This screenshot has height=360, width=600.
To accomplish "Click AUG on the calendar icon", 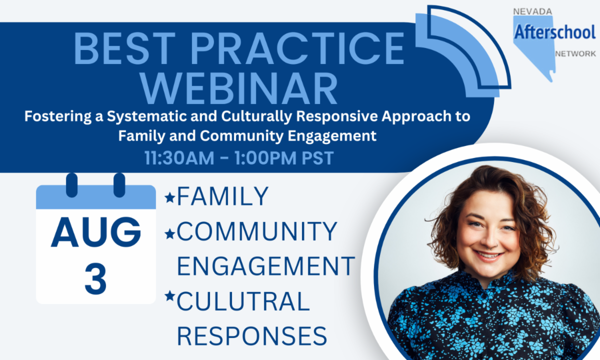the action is tap(96, 232).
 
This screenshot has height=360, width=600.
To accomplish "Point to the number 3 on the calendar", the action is tap(95, 278).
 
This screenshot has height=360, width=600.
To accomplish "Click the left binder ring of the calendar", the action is tap(72, 185).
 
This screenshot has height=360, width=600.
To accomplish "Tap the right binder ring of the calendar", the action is tap(119, 185).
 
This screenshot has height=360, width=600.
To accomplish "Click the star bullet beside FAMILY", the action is tap(170, 197).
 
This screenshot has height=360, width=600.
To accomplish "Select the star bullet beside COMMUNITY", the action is tap(170, 233).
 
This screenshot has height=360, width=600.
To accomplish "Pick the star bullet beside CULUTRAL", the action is tap(170, 295).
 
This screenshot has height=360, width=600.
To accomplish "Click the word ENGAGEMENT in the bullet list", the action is tap(266, 265).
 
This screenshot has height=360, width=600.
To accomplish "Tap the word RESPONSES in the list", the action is tap(252, 335).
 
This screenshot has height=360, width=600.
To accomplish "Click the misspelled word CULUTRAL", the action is tap(243, 301).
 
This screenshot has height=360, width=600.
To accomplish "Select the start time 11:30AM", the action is tap(179, 158).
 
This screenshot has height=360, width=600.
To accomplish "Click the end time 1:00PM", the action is tap(265, 158).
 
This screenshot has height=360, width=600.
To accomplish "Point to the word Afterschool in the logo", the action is tap(554, 32).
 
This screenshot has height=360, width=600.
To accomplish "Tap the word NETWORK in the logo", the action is tap(575, 54).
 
